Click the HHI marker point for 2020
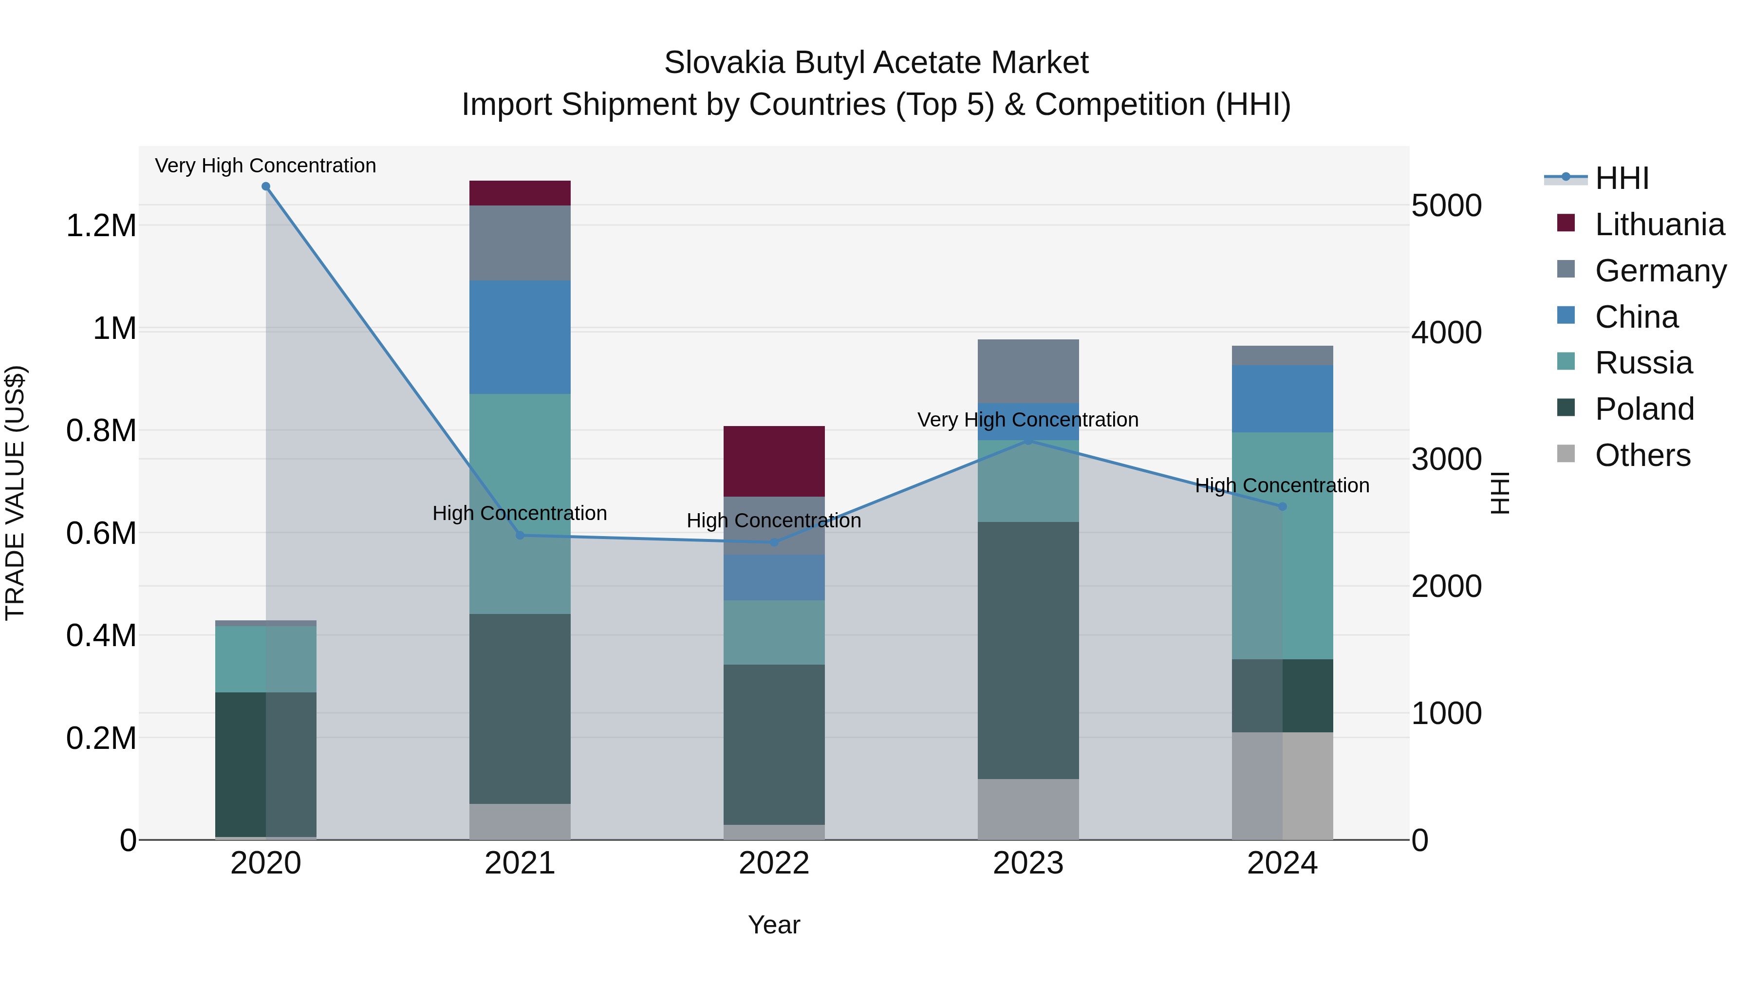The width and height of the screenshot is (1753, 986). click(x=266, y=186)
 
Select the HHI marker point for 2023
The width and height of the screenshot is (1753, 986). click(x=1028, y=441)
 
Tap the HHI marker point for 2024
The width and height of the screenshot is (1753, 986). click(x=1282, y=506)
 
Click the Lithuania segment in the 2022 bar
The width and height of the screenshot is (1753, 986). click(x=774, y=462)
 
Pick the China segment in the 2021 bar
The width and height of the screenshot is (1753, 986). click(x=520, y=337)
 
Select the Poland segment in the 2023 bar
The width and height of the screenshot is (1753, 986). click(x=1028, y=650)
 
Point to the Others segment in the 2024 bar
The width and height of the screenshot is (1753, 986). click(x=1282, y=785)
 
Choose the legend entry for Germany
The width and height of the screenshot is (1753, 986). click(x=1660, y=271)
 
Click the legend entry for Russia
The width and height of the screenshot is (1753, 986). click(x=1643, y=363)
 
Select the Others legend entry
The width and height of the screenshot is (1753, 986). click(x=1642, y=455)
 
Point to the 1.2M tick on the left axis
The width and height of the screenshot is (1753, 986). click(x=101, y=225)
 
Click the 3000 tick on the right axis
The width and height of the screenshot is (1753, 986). click(x=1447, y=459)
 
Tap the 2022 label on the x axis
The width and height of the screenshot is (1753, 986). click(x=774, y=863)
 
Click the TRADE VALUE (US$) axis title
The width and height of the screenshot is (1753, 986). click(x=16, y=493)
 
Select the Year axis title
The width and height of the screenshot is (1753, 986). click(x=774, y=925)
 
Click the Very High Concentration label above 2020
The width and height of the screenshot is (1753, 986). click(x=265, y=166)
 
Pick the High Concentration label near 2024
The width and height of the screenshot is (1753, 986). click(x=1282, y=485)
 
